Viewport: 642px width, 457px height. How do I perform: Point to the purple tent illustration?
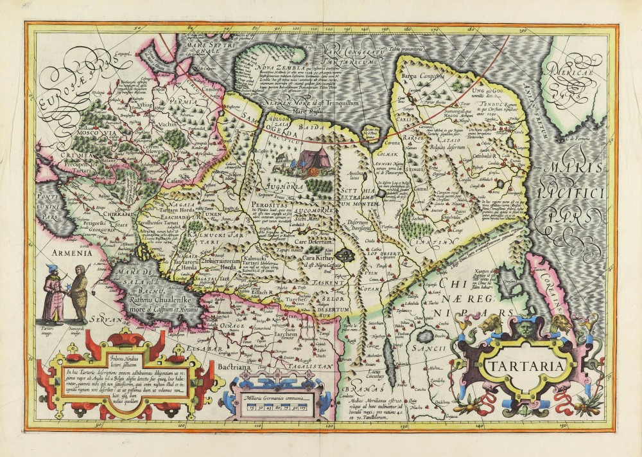311,157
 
